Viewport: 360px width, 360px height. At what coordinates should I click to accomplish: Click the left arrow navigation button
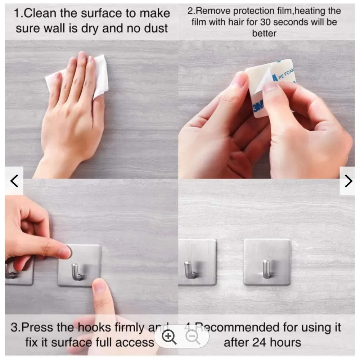tap(14, 181)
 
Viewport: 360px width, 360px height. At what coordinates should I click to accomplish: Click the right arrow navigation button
tap(348, 181)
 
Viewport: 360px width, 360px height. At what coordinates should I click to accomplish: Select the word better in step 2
tap(264, 33)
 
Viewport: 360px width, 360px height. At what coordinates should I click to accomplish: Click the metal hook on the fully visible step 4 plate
tap(266, 269)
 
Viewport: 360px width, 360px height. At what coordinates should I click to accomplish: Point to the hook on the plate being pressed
tap(76, 272)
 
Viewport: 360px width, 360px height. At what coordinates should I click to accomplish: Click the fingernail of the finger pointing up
tap(99, 287)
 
